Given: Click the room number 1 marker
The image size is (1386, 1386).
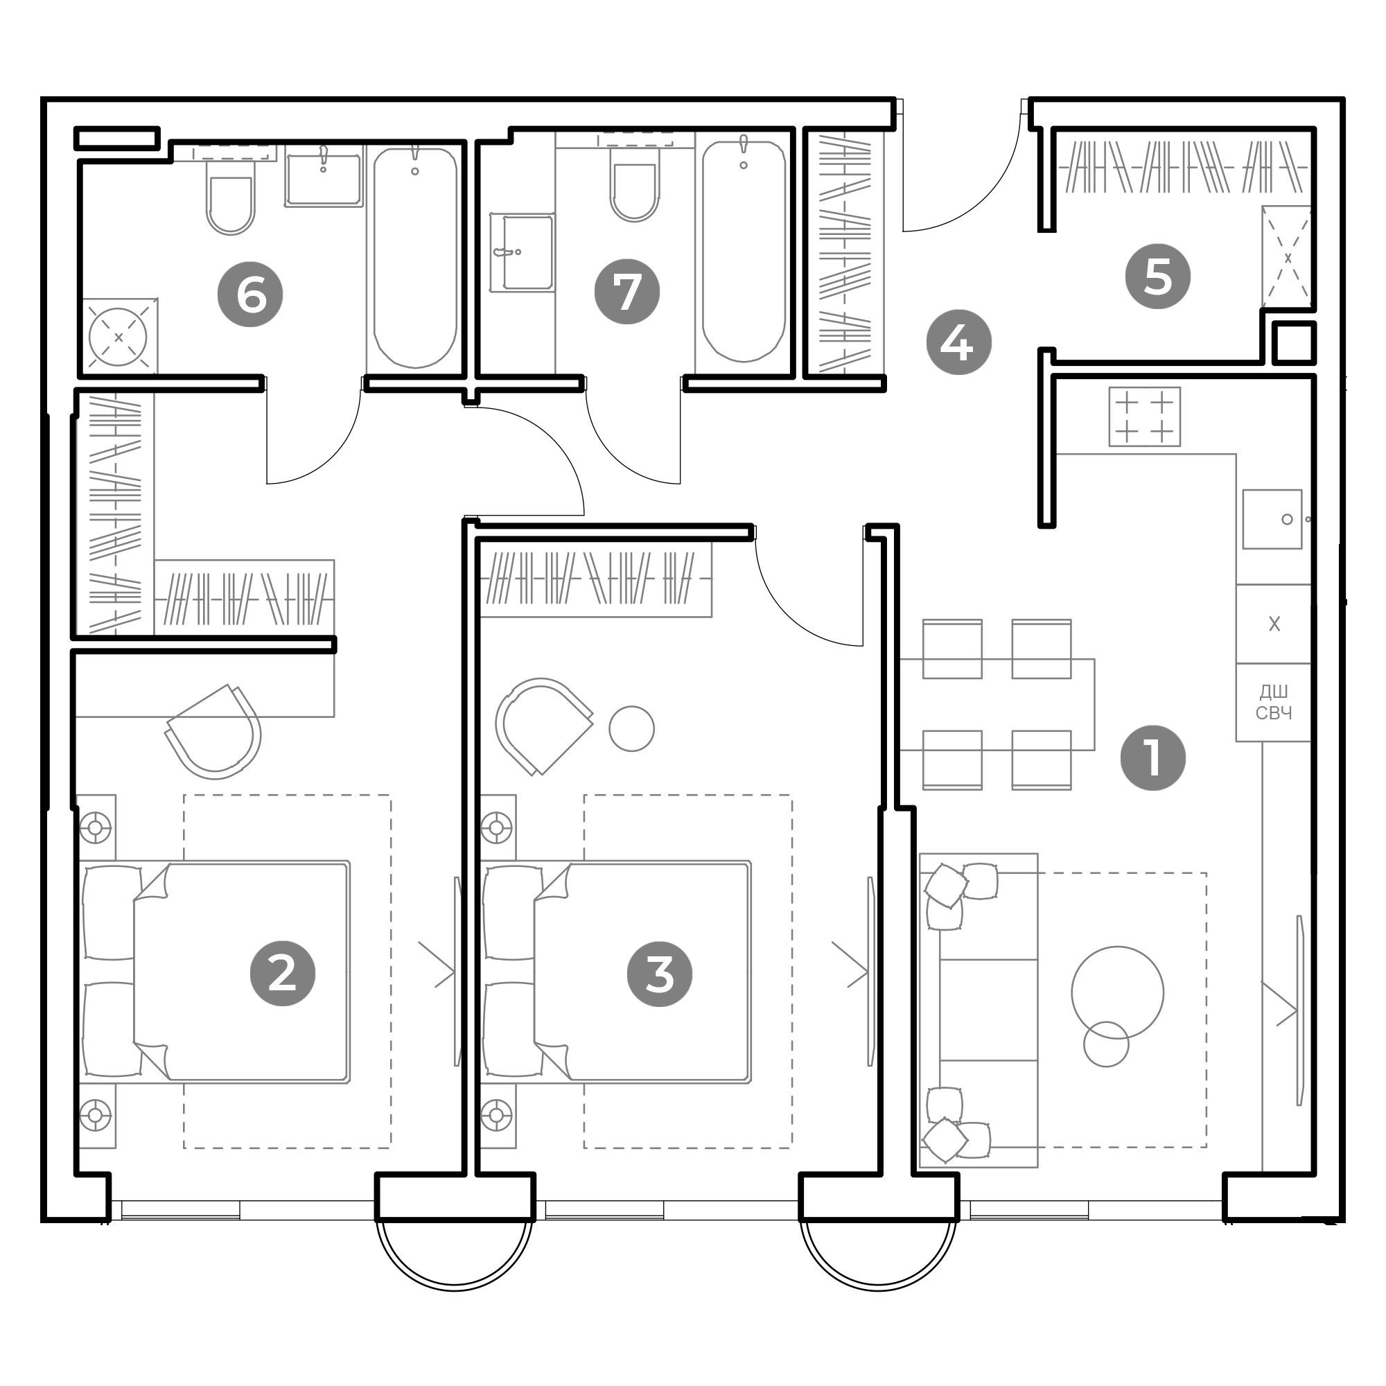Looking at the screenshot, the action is (x=1153, y=758).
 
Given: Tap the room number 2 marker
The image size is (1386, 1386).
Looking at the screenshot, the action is (x=283, y=974).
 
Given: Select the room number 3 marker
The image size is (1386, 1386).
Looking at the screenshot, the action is (x=660, y=974).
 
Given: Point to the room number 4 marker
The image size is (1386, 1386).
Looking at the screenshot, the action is (x=958, y=342).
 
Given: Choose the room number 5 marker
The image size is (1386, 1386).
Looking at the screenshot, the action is (x=1158, y=277).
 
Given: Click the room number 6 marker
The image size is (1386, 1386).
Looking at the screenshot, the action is (x=250, y=294).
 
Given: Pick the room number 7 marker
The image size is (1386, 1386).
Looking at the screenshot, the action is (x=627, y=291).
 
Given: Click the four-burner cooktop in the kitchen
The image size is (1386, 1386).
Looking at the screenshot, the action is (x=1144, y=416).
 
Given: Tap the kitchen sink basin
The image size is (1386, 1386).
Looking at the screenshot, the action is (x=1272, y=519).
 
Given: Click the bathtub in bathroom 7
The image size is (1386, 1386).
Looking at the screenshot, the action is (x=744, y=252).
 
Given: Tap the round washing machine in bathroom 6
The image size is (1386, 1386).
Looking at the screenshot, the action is (x=118, y=337).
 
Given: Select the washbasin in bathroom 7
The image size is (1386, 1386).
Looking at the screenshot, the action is (x=523, y=252).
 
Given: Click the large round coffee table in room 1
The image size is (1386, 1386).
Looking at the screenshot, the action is (x=1118, y=993).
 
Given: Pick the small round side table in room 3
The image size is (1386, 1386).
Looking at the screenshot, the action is (x=631, y=729).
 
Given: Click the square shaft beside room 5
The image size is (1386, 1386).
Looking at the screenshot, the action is (x=1294, y=343).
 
